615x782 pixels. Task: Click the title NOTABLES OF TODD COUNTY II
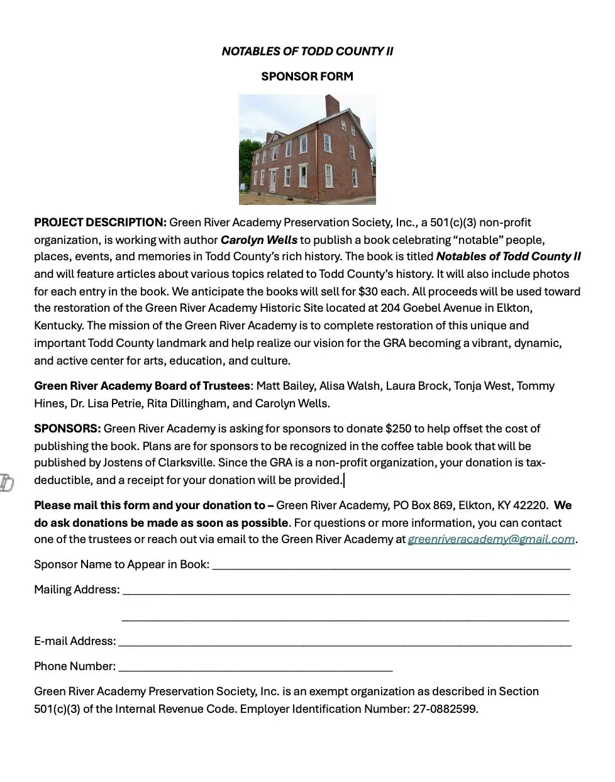pyautogui.click(x=307, y=52)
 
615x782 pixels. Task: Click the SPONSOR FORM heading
pyautogui.click(x=307, y=77)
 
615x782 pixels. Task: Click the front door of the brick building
pyautogui.click(x=272, y=180)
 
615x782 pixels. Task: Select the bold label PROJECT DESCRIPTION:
pyautogui.click(x=100, y=223)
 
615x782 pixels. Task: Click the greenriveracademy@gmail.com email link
pyautogui.click(x=491, y=539)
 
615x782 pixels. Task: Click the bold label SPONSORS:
pyautogui.click(x=67, y=429)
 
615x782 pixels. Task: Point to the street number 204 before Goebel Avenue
pyautogui.click(x=391, y=308)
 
